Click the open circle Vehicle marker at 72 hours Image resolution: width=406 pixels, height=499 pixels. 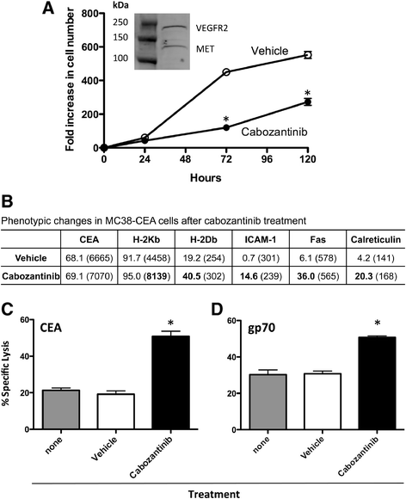(x=226, y=72)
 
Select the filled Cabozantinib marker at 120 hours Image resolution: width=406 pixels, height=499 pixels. (x=307, y=102)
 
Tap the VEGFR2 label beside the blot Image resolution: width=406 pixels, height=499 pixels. (x=212, y=28)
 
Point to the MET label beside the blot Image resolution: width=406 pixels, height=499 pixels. (x=206, y=49)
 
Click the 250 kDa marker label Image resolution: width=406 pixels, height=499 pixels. (x=120, y=22)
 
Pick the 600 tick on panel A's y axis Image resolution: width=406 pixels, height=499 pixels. (x=90, y=46)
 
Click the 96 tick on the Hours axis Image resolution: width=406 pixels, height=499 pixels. (x=267, y=158)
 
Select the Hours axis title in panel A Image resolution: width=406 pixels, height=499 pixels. (x=206, y=177)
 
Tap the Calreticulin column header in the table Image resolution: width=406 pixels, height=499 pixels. (x=376, y=240)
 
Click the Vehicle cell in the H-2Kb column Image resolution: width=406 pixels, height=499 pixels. (x=146, y=258)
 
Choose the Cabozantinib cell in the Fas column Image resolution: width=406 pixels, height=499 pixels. (x=317, y=276)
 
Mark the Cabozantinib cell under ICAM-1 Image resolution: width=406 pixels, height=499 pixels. (x=260, y=276)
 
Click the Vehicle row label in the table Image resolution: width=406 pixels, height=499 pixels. (x=31, y=258)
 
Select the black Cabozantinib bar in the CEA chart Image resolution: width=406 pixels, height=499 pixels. (x=171, y=383)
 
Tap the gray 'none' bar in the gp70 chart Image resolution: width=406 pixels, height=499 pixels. (x=268, y=402)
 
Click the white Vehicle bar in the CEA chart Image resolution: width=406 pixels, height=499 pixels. (x=116, y=411)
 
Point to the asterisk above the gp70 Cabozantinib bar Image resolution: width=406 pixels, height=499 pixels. (x=378, y=323)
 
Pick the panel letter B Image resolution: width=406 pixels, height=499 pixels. (x=7, y=202)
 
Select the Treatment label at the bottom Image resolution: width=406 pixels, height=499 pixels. (x=214, y=494)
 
